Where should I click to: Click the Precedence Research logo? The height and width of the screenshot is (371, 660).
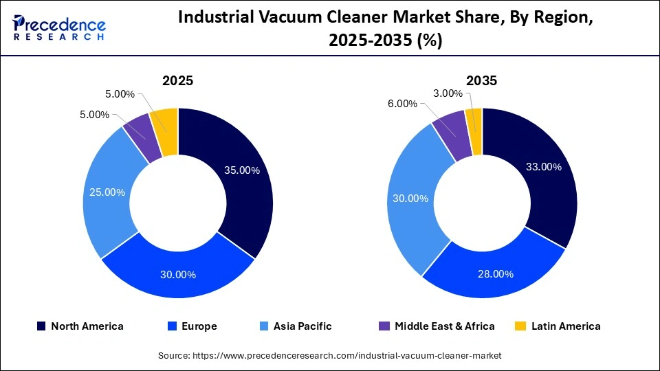pos(59,27)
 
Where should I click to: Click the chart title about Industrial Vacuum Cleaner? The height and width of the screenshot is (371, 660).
pos(385,30)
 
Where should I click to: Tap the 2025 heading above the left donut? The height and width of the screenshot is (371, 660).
pos(177,80)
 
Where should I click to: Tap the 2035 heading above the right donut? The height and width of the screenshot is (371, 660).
pos(482,80)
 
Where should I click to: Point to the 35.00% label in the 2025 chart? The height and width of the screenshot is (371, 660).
pos(241,170)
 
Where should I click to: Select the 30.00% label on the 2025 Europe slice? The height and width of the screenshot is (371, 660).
pos(178,274)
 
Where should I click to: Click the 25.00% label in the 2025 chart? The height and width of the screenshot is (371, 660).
pos(107,192)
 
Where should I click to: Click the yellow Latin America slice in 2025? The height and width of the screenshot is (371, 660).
pos(167,122)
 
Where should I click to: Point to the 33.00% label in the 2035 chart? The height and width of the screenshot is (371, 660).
pos(544,166)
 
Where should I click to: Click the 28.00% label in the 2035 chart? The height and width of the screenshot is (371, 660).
pos(496,273)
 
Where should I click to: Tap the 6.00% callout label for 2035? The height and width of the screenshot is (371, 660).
pos(402,104)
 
